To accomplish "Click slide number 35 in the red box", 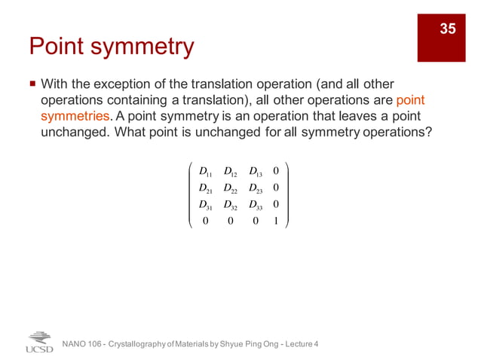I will (x=448, y=29).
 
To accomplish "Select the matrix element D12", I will (x=231, y=170).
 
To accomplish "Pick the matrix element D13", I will (x=256, y=170).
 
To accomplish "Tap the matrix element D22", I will (x=231, y=188).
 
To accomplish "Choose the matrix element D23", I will (x=256, y=188).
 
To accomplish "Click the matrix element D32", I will (x=231, y=205).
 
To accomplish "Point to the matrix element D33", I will (x=256, y=205).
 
